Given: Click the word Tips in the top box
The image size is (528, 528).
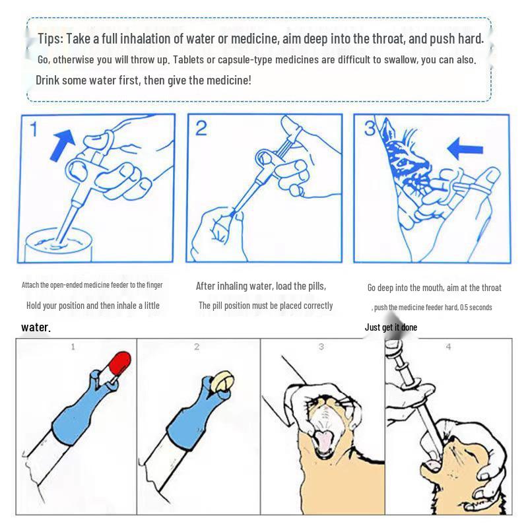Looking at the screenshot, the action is pos(50,39).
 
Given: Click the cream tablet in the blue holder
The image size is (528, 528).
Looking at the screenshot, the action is pos(224,381).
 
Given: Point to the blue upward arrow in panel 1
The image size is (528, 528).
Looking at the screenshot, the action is pos(62,145).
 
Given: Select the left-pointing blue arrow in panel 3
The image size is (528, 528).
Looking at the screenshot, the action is pos(465,148).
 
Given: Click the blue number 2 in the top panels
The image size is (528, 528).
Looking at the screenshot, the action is pos(201,128).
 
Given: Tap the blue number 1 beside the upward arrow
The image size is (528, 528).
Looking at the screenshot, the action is pos(34,129).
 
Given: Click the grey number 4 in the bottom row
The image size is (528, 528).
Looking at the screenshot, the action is pos(448,346).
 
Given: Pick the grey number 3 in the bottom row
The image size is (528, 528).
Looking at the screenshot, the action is pos(321,346).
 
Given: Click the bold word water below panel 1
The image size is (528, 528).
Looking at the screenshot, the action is pos(36,327).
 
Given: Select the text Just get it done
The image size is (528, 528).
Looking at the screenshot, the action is pos(391,327).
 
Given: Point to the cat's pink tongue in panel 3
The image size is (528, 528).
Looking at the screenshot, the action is pos(323,442).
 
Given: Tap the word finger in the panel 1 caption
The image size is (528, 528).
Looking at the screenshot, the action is pos(154,285).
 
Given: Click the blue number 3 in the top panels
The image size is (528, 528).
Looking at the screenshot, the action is pos(370,128).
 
